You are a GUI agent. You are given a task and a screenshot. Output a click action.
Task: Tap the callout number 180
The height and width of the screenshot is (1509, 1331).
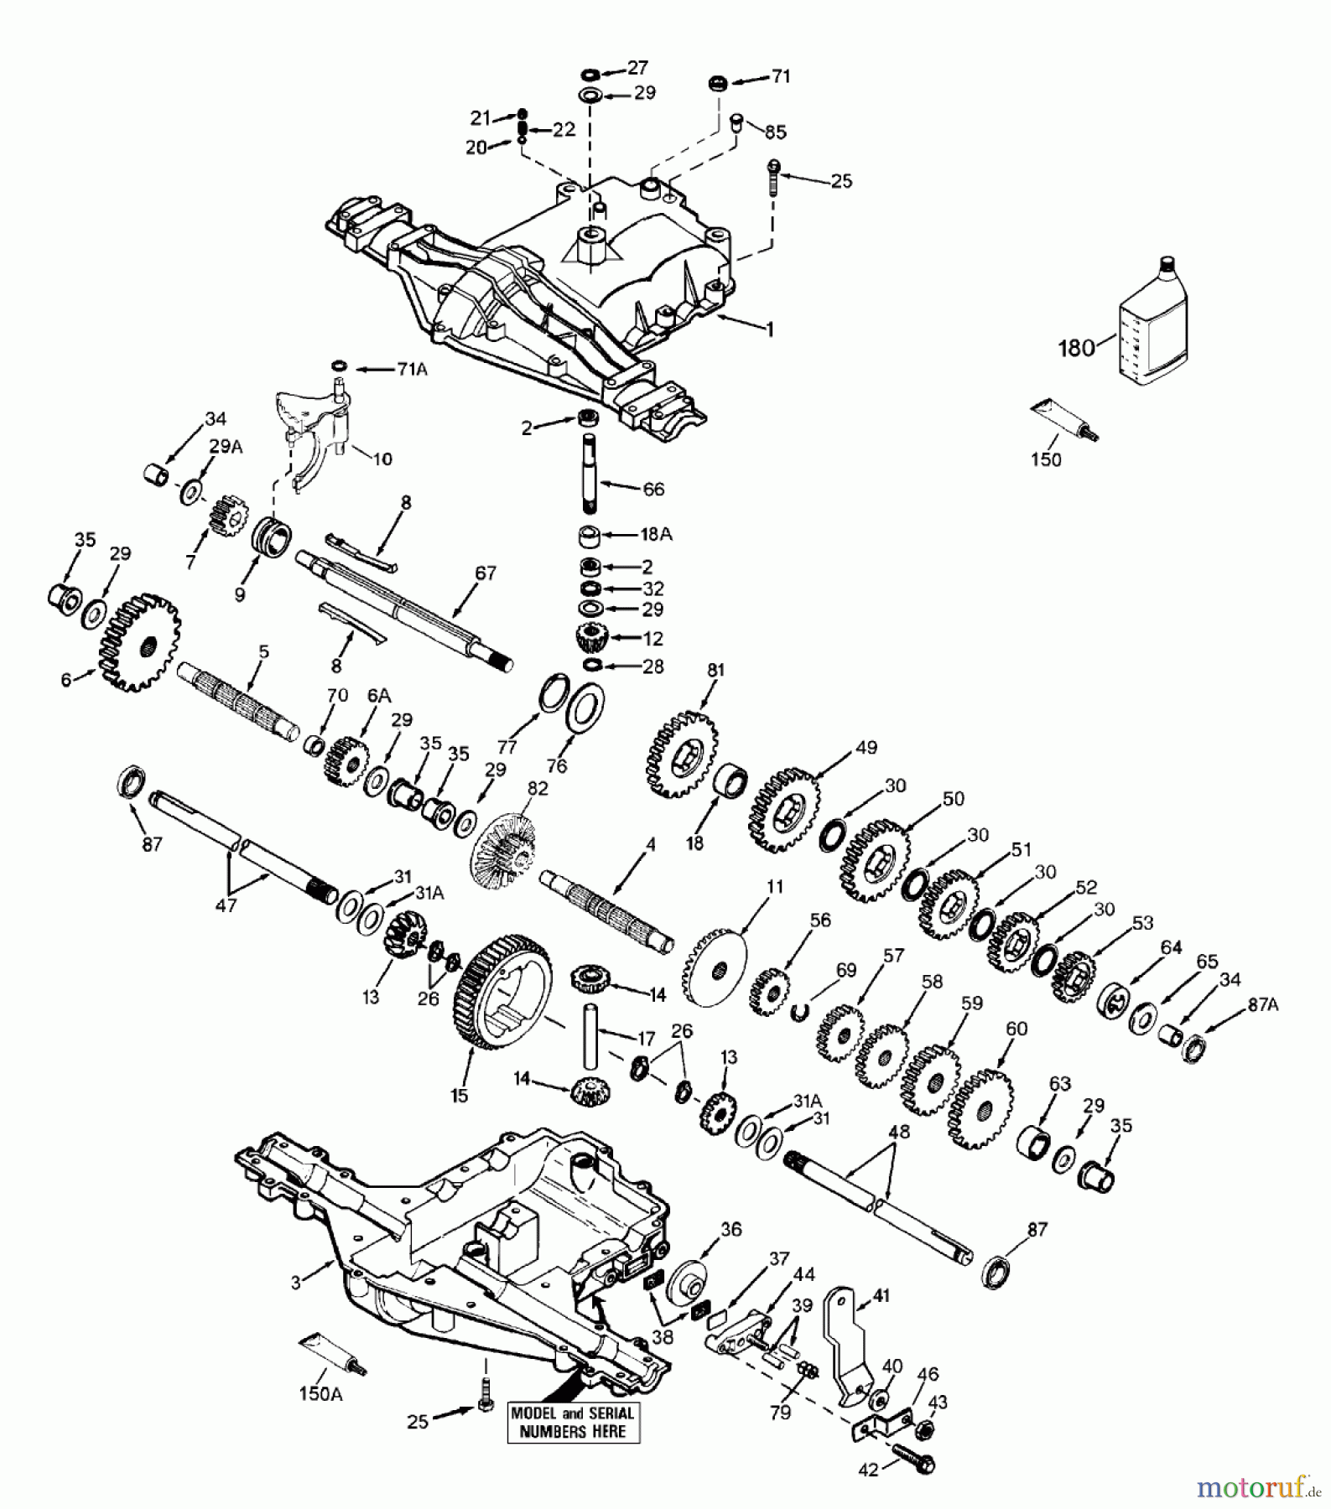[x=1077, y=347]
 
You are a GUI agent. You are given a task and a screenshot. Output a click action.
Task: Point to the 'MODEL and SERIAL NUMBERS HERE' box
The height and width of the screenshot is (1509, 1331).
[x=573, y=1422]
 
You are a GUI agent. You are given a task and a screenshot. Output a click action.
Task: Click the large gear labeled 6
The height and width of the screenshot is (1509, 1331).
[x=140, y=642]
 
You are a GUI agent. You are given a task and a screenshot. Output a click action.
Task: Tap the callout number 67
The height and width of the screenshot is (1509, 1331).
[x=486, y=574]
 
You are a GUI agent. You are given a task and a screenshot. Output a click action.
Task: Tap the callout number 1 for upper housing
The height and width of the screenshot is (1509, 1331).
[x=769, y=329]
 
